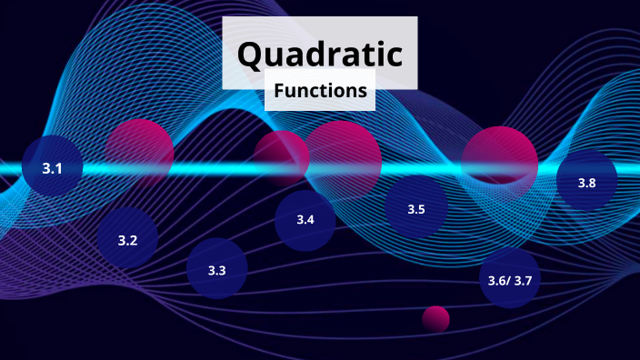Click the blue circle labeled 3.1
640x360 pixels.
pyautogui.click(x=52, y=167)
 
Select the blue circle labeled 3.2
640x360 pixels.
pyautogui.click(x=127, y=239)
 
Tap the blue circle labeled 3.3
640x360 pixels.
pyautogui.click(x=216, y=270)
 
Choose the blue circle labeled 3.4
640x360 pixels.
pyautogui.click(x=305, y=219)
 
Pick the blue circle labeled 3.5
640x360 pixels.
pyautogui.click(x=415, y=209)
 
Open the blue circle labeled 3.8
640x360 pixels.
pyautogui.click(x=586, y=183)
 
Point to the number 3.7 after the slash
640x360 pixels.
pyautogui.click(x=522, y=280)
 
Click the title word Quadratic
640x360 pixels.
pyautogui.click(x=319, y=55)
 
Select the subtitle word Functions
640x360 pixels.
pyautogui.click(x=320, y=91)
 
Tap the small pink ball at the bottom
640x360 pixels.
pyautogui.click(x=435, y=318)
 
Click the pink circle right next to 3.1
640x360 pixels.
pyautogui.click(x=139, y=153)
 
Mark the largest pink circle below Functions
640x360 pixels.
pyautogui.click(x=342, y=160)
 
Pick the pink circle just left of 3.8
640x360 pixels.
pyautogui.click(x=499, y=158)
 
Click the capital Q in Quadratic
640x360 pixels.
pyautogui.click(x=251, y=55)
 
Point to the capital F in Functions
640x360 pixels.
pyautogui.click(x=278, y=91)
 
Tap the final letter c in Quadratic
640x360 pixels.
pyautogui.click(x=393, y=55)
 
